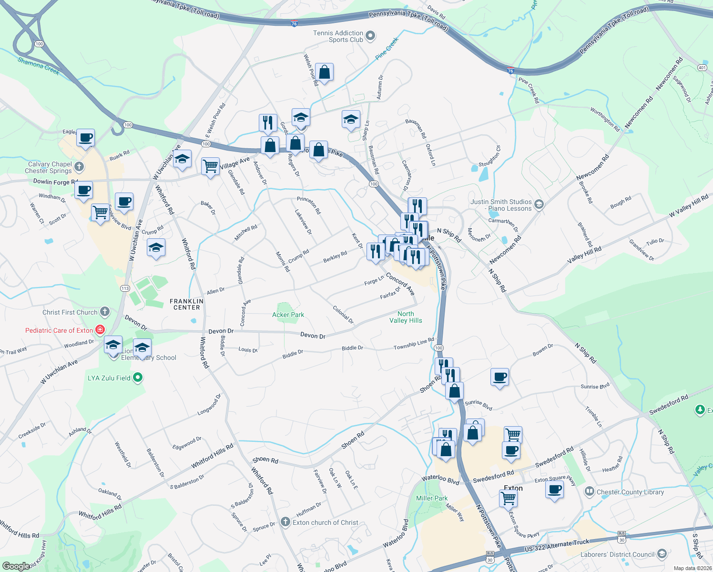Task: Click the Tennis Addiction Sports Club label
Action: [338, 36]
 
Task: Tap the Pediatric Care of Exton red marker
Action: [100, 330]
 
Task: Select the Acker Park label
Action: [288, 315]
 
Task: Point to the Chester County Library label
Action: [630, 492]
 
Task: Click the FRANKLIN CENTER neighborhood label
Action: [186, 304]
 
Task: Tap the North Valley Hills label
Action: [406, 317]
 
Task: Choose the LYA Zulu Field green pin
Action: [138, 378]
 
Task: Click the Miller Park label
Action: [432, 498]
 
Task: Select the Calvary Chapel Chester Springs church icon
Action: [79, 167]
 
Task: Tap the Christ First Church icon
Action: [105, 312]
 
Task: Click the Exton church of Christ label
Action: [325, 522]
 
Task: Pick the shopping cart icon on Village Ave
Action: [210, 166]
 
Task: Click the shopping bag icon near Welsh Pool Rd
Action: [324, 72]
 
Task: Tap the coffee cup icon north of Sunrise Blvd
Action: [499, 378]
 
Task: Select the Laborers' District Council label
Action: [617, 554]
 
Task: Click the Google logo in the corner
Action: [16, 566]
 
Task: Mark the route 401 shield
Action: [702, 68]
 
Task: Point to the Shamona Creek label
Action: [38, 66]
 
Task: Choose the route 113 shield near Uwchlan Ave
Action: [125, 288]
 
